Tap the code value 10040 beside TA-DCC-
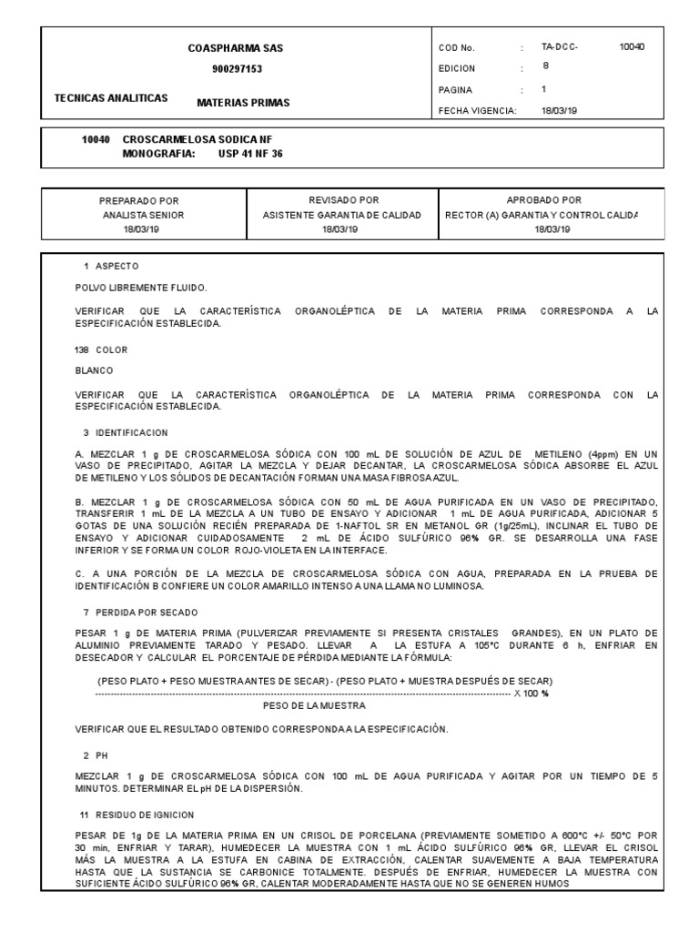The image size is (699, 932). [x=631, y=46]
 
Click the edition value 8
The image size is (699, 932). [x=546, y=66]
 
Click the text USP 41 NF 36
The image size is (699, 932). [x=250, y=154]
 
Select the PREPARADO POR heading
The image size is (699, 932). [x=139, y=199]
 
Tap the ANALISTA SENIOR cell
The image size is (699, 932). [x=143, y=215]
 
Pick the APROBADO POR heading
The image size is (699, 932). [x=544, y=199]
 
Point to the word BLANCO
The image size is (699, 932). [x=94, y=370]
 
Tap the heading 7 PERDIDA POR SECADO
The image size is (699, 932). [x=139, y=613]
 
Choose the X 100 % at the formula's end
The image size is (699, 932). [x=532, y=694]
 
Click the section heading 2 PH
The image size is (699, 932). [x=96, y=755]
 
